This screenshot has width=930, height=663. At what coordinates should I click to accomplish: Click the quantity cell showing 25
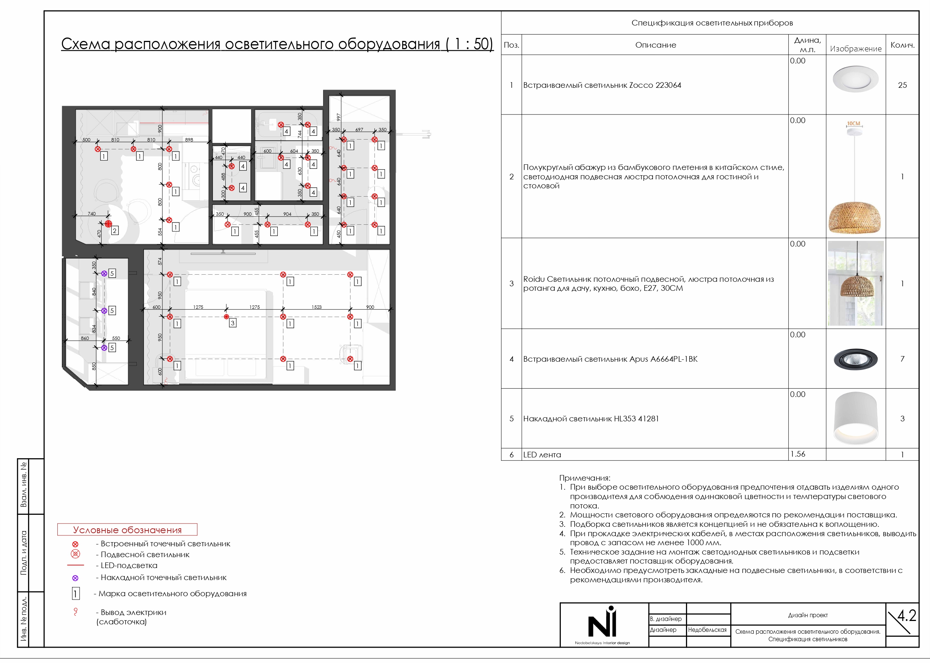pyautogui.click(x=902, y=85)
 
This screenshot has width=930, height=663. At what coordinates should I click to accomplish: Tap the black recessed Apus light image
pyautogui.click(x=855, y=359)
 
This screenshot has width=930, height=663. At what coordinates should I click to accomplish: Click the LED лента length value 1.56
pyautogui.click(x=798, y=454)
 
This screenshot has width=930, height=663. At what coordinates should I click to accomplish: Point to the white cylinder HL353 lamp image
pyautogui.click(x=855, y=418)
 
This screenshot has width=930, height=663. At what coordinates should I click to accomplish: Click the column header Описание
pyautogui.click(x=655, y=45)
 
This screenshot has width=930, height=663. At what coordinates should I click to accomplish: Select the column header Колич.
pyautogui.click(x=902, y=45)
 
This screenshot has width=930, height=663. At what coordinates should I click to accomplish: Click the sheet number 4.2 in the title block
pyautogui.click(x=906, y=615)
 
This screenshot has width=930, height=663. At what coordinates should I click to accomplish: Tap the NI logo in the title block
pyautogui.click(x=602, y=622)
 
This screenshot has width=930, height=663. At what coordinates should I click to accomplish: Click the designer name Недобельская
pyautogui.click(x=707, y=630)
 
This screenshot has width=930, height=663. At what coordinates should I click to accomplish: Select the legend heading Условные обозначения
pyautogui.click(x=127, y=530)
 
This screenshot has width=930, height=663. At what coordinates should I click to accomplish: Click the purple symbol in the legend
pyautogui.click(x=75, y=578)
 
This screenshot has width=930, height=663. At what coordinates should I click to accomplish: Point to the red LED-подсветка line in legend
pyautogui.click(x=75, y=565)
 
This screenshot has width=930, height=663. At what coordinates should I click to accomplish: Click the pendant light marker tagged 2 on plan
pyautogui.click(x=108, y=224)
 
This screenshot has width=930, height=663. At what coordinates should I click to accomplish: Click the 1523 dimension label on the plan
pyautogui.click(x=316, y=307)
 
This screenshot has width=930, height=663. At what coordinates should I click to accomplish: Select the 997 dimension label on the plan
pyautogui.click(x=338, y=117)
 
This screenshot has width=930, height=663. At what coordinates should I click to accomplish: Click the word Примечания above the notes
pyautogui.click(x=584, y=478)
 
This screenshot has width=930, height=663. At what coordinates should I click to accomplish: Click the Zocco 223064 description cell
pyautogui.click(x=602, y=85)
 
